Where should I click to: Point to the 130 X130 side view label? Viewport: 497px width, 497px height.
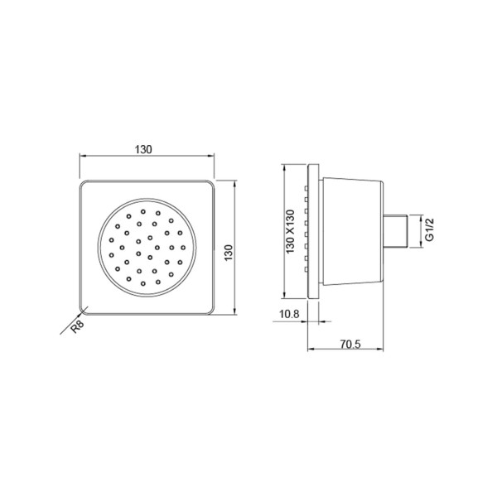(x=290, y=234)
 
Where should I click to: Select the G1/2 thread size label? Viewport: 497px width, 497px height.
(x=429, y=229)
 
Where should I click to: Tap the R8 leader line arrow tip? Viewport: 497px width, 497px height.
(x=82, y=312)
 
